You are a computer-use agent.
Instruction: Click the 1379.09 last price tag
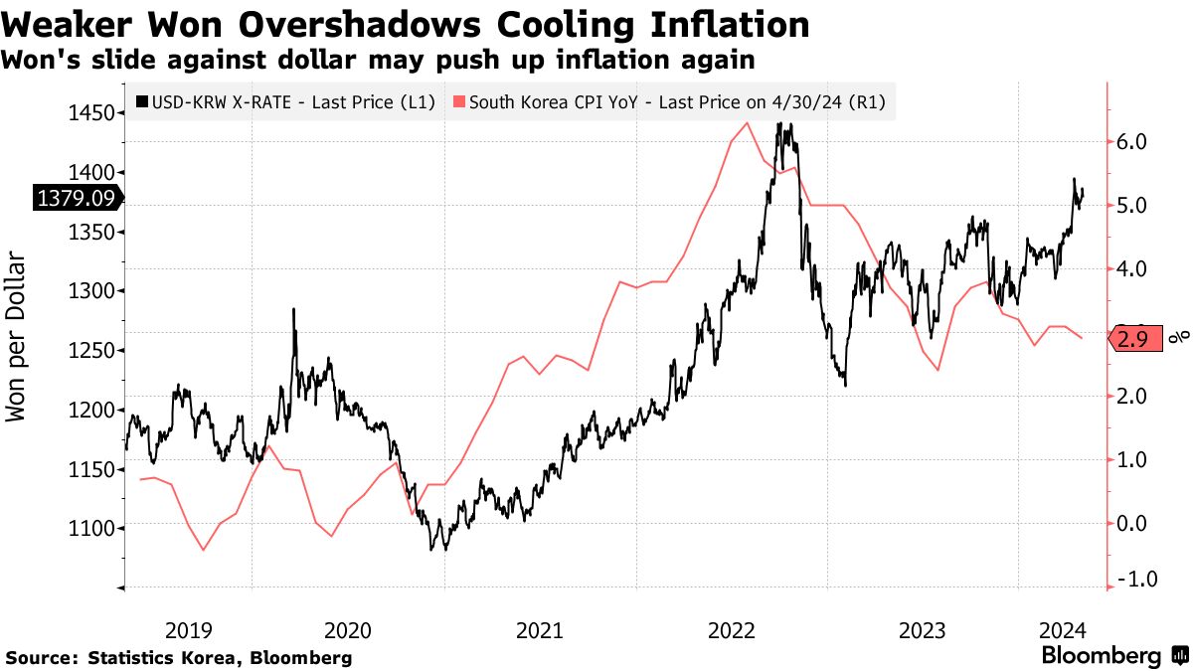pos(77,199)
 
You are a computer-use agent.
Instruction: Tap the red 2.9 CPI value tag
pos(1133,339)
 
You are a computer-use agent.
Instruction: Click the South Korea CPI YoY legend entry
pos(669,100)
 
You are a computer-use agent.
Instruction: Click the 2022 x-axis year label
pos(732,629)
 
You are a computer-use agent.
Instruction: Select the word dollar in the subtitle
pos(391,59)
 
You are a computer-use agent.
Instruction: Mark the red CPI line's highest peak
pos(746,122)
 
